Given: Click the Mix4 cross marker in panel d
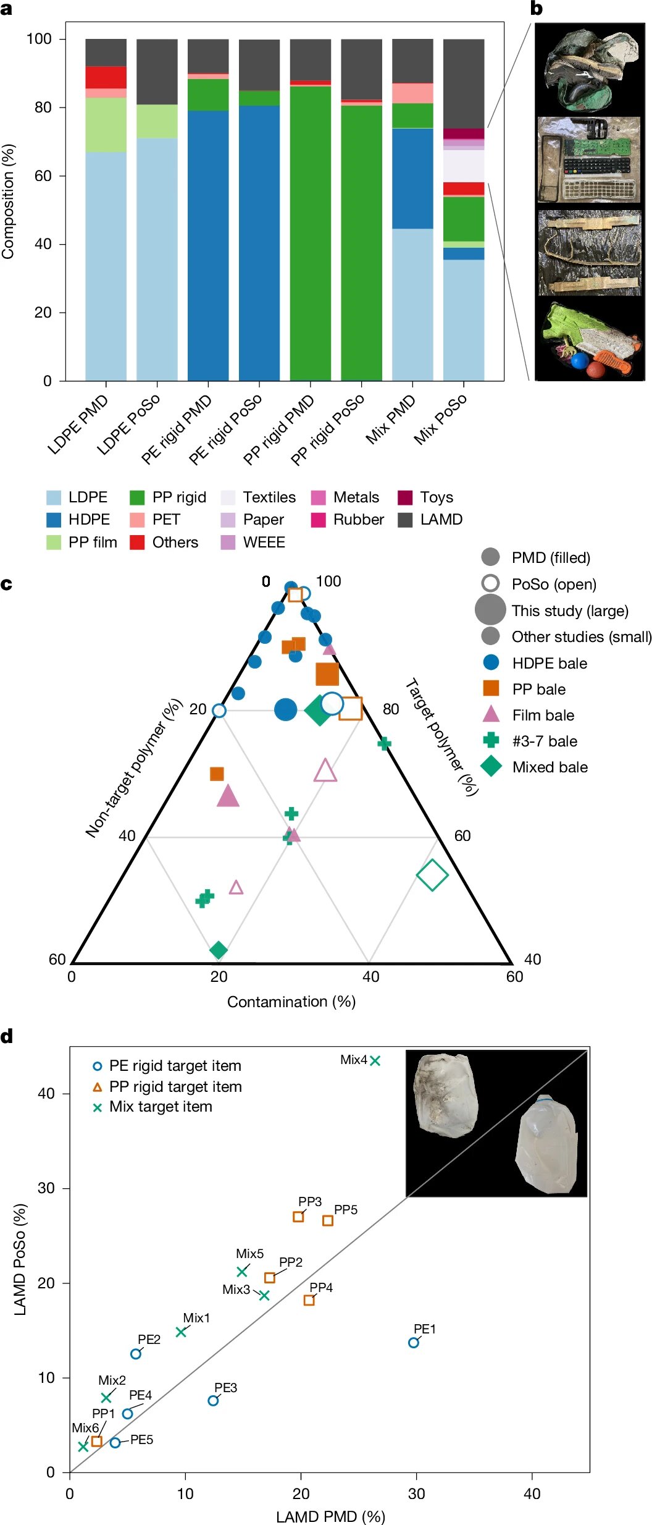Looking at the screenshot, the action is tap(375, 1060).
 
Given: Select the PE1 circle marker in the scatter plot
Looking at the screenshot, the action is tap(414, 1343).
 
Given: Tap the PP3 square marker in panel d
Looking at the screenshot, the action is tap(298, 1217).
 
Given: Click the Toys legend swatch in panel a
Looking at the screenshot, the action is tap(404, 497).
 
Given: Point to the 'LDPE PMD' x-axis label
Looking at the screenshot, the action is tap(78, 425).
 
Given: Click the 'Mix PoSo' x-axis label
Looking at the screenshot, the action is tap(440, 420).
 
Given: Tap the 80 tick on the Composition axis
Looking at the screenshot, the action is tap(43, 107).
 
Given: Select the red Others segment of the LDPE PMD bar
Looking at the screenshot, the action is tap(106, 77).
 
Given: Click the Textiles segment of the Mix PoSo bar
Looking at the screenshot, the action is tap(464, 166).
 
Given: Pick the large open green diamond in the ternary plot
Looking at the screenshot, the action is tap(432, 874).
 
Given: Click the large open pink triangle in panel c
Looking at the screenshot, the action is tap(325, 771).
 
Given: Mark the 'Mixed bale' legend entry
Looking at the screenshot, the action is tap(535, 767).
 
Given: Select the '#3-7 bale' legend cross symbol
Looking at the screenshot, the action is tap(491, 740).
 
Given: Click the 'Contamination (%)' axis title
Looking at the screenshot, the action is tap(291, 1002).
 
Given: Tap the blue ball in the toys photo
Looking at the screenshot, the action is tap(580, 360).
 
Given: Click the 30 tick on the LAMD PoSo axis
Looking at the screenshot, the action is tap(46, 1188).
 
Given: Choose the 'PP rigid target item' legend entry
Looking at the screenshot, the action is tap(167, 1087).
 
